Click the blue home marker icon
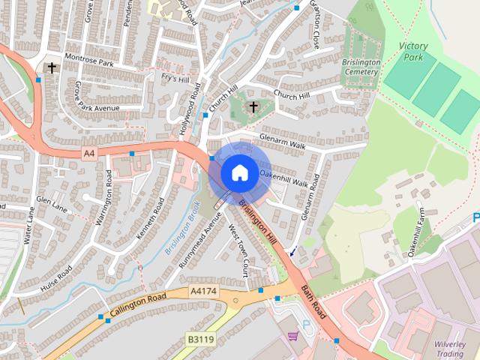(238, 172)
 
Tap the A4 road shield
(90, 153)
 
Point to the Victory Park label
(413, 51)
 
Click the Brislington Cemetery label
(362, 67)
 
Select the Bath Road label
(314, 300)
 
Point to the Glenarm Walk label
(283, 139)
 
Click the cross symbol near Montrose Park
(52, 67)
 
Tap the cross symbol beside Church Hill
(253, 107)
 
